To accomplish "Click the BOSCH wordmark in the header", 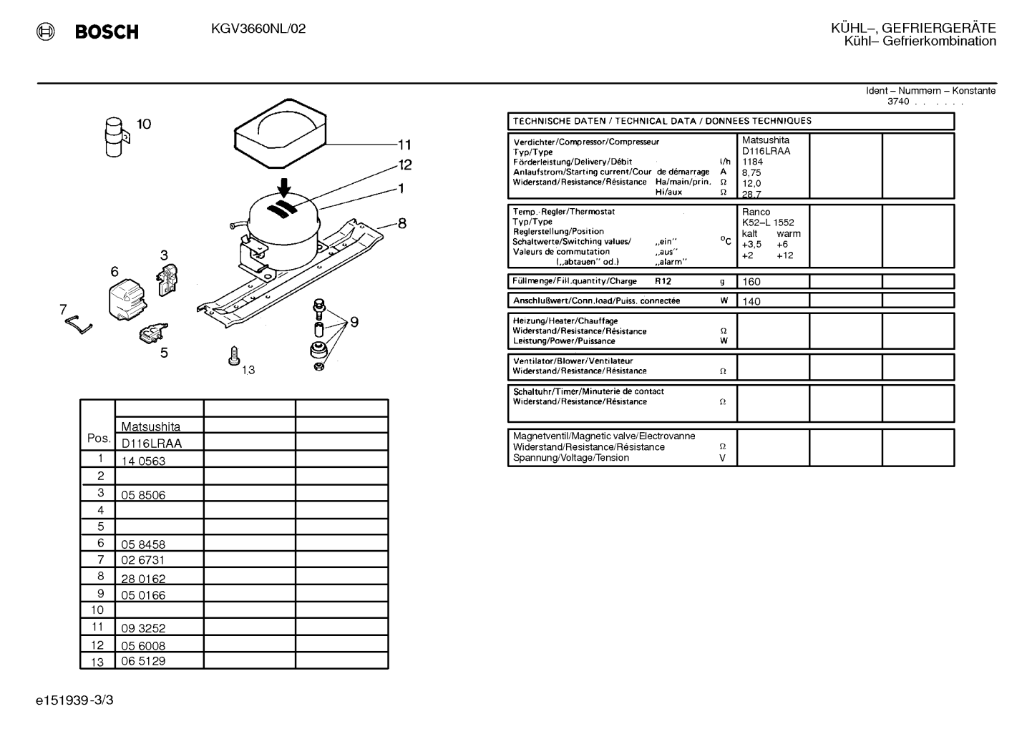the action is coord(107,31).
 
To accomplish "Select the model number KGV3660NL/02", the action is coord(258,29).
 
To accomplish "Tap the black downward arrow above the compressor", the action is coord(284,188).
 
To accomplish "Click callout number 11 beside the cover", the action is coord(404,145).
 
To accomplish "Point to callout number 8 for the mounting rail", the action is coord(402,224).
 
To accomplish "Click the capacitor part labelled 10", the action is coord(116,137).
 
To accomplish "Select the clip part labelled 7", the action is coord(79,325).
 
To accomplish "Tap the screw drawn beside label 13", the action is coord(234,356).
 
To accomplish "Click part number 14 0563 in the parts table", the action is coord(143,461).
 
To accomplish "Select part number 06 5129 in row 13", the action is coord(143,661).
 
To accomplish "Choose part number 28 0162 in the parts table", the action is coord(143,579).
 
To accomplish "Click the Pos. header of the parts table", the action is coord(99,439).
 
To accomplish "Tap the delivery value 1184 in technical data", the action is coord(752,162).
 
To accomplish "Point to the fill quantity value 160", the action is coord(751,282).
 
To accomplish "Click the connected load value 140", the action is coord(751,302).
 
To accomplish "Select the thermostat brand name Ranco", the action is coord(756,212).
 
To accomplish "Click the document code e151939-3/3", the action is coord(74,700).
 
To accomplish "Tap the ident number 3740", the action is coord(898,102).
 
